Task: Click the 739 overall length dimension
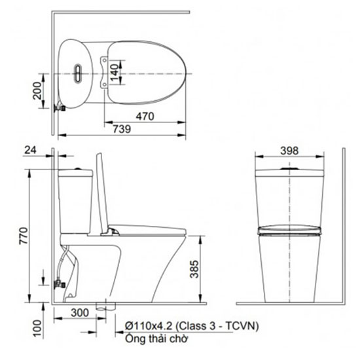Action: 122,129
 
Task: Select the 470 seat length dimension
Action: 145,117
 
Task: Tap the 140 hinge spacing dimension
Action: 115,72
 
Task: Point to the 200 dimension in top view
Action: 37,90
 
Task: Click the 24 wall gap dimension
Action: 31,150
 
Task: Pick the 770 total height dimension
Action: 24,236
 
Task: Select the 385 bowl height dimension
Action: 194,269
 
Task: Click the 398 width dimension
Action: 289,151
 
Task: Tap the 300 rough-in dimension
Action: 80,313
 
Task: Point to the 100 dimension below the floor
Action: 37,329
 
